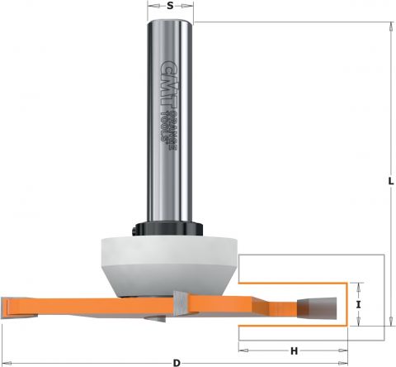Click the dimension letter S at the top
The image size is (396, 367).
[x=170, y=6]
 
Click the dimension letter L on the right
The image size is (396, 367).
[x=391, y=181]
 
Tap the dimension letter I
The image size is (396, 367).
[x=358, y=305]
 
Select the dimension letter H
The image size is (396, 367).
[x=295, y=351]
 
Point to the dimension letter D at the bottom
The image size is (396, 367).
[x=177, y=363]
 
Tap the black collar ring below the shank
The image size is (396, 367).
[x=167, y=229]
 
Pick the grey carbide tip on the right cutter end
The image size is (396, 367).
[x=317, y=308]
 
